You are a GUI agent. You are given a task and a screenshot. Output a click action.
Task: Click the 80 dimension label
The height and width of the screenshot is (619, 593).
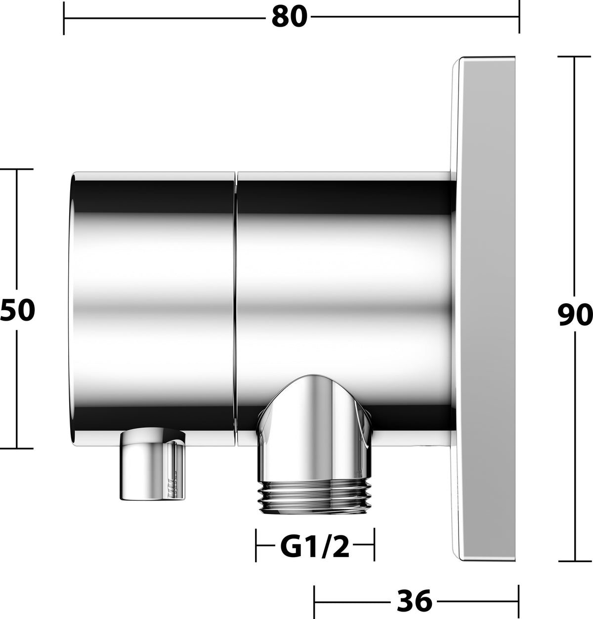pos(290,17)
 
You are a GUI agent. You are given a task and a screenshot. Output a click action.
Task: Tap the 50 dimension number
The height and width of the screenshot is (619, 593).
pos(17,310)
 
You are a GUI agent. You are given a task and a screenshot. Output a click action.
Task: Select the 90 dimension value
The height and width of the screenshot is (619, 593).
pos(575,315)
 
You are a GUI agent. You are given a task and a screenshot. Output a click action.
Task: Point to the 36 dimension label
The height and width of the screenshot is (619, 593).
pos(414,601)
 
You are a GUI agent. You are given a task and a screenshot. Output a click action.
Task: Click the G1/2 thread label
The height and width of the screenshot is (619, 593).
pos(315,547)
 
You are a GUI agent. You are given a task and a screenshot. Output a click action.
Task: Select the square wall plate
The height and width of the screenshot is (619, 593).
pos(483,310)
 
